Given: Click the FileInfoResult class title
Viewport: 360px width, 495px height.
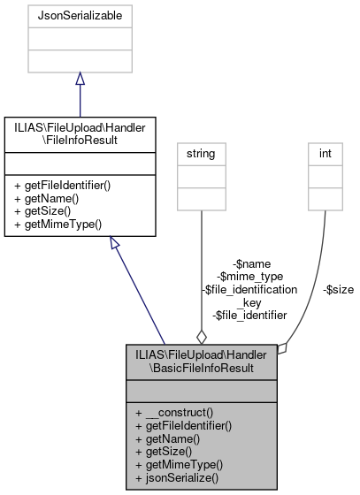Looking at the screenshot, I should tap(80, 133).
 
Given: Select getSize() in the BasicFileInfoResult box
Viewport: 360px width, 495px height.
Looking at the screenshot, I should tap(167, 451).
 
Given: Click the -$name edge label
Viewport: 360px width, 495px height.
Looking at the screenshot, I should tap(251, 263).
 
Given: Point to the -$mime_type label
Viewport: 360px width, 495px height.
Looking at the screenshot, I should tap(251, 276).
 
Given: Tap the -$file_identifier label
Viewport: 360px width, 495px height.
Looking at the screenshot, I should tap(249, 314).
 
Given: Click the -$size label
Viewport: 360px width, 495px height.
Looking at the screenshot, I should tap(338, 288).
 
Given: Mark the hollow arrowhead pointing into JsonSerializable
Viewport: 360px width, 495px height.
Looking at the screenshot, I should tap(80, 80).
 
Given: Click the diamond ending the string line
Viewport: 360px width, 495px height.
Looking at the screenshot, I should tap(202, 337).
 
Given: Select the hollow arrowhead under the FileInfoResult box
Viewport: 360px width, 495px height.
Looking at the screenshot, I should tap(116, 245).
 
